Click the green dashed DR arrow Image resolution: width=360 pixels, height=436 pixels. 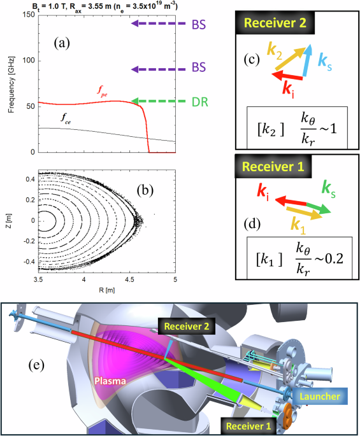(157, 101)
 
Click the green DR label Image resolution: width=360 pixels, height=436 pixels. (199, 101)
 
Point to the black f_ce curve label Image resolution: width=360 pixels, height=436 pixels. (66, 118)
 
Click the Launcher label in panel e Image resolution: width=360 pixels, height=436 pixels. (322, 396)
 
